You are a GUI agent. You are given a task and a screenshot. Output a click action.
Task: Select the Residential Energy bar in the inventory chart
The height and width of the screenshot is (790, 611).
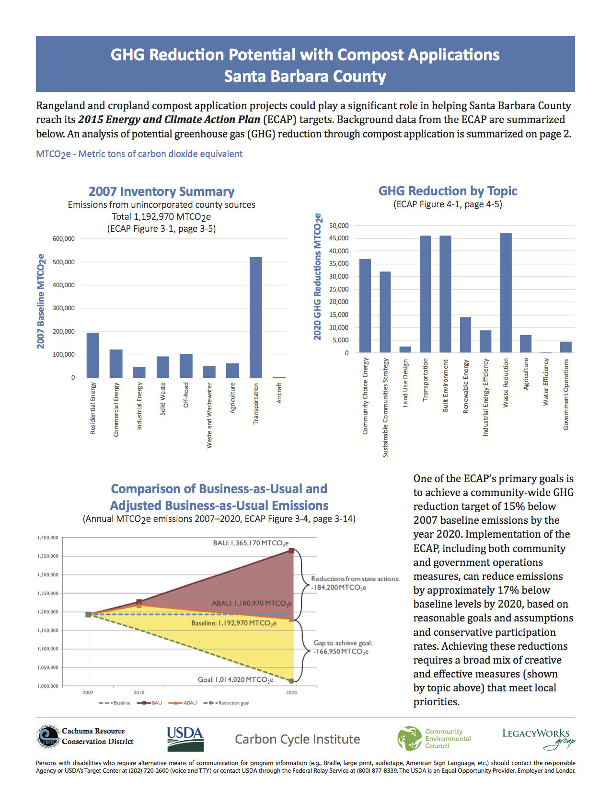point(92,355)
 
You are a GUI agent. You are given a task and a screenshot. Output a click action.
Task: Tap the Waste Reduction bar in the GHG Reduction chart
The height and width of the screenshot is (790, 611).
point(506,293)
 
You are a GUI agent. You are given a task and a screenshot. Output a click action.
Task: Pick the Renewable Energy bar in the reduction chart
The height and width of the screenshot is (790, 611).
point(465,335)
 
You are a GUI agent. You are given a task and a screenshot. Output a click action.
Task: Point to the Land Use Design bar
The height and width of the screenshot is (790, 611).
point(405,350)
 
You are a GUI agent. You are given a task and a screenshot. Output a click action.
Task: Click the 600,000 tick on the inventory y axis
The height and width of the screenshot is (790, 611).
point(63,239)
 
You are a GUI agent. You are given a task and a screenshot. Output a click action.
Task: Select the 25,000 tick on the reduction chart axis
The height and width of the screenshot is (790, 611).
point(339,289)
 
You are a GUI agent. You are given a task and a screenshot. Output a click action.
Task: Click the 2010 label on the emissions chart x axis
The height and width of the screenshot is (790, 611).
point(139,692)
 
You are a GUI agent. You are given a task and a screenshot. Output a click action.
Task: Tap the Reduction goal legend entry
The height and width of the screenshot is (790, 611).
point(227,703)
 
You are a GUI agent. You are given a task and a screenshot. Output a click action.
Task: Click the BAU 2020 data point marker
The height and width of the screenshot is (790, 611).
point(291,551)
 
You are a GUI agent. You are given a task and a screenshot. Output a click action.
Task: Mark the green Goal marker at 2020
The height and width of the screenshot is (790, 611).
point(291,680)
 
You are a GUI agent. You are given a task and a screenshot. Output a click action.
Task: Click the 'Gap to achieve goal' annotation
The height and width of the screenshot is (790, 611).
point(342,647)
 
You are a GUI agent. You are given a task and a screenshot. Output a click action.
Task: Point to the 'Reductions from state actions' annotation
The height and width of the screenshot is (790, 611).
point(355,583)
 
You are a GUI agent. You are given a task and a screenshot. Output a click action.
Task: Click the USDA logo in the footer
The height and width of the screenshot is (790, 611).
point(185,739)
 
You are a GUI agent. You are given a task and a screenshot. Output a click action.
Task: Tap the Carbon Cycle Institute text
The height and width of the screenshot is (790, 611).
point(297,739)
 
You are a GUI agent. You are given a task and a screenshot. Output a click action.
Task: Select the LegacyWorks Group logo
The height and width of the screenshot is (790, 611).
point(538,738)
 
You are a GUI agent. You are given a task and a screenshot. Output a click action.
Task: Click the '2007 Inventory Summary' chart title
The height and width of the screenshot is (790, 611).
point(161,192)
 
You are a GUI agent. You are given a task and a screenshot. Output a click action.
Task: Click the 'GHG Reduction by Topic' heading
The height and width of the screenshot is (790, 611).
point(448,191)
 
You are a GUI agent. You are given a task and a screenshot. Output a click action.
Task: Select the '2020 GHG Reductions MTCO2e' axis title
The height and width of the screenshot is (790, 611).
point(317,277)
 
